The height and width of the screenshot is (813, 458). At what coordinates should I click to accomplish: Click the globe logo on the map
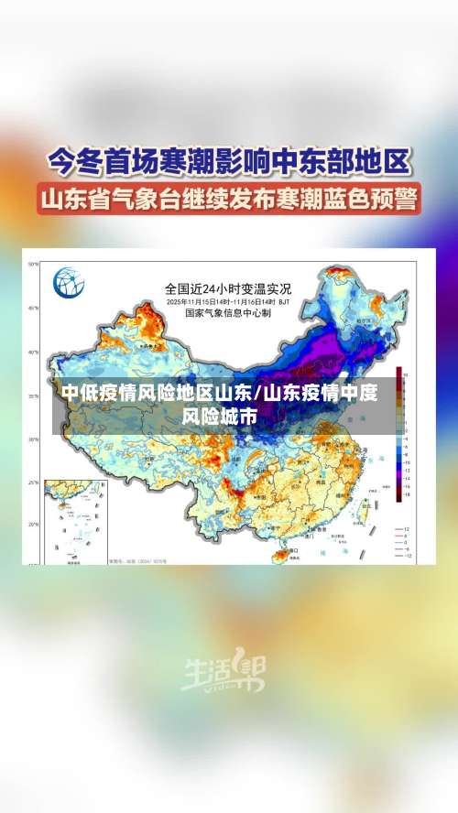click(x=68, y=283)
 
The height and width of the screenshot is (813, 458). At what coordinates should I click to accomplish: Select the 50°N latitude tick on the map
click(x=32, y=265)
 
